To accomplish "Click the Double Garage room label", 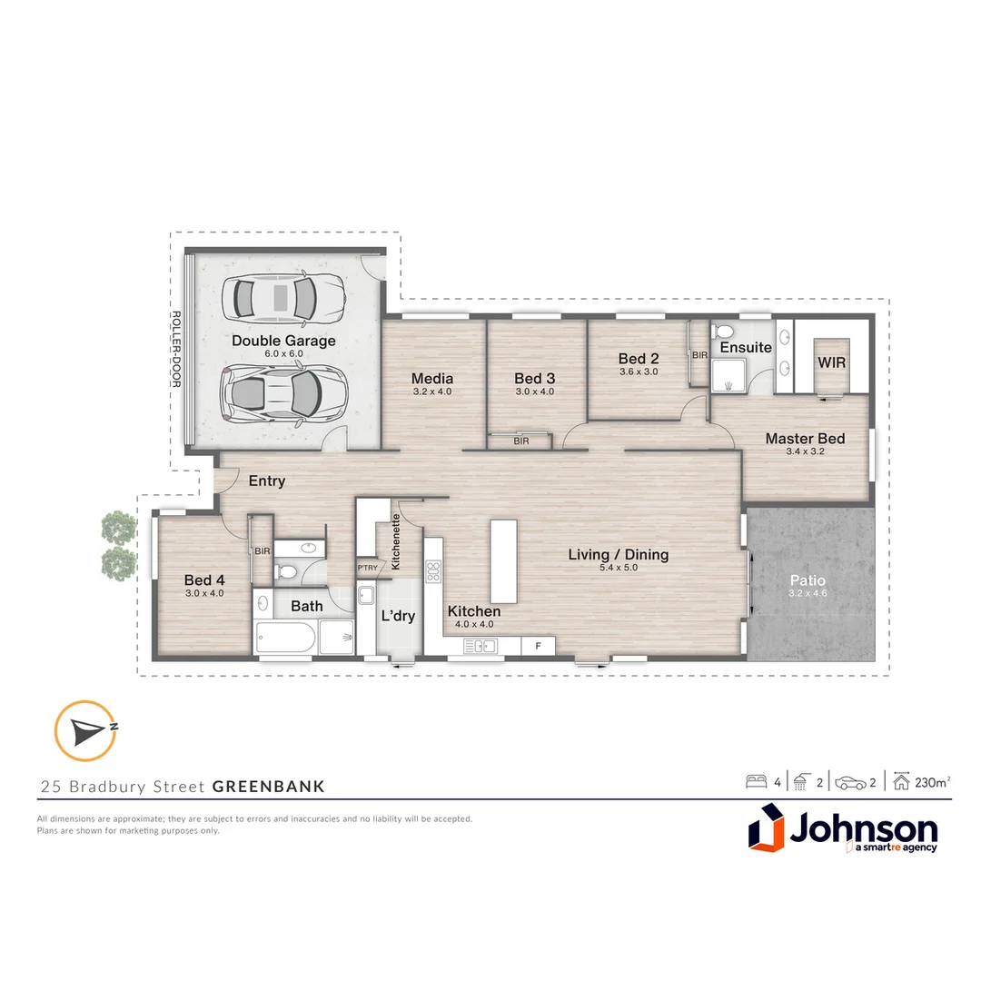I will pos(283,341).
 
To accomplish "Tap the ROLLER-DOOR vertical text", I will pos(176,350).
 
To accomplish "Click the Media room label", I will pos(431,378).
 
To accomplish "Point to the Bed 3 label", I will pos(534,378).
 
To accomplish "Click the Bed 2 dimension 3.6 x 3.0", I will pos(638,372).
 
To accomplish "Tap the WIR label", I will pos(831,362).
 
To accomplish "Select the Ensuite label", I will pos(746,347).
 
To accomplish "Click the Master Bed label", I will pos(805,439).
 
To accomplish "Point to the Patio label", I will pos(807,579).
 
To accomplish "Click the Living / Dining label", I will pos(618,554).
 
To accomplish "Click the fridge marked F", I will pos(538,646).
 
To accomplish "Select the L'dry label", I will pos(398,616).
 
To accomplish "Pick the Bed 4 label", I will pos(203,580).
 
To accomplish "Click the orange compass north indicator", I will pos(85,729).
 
